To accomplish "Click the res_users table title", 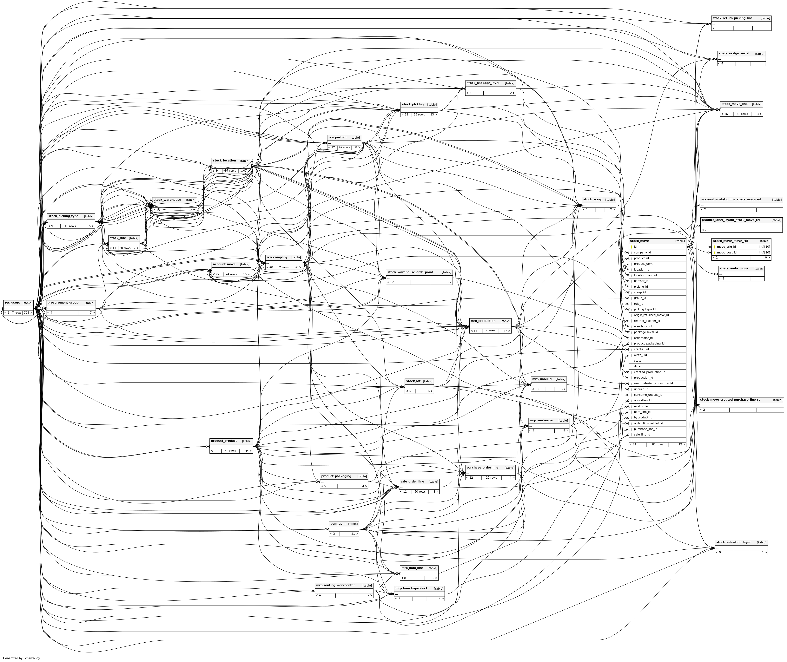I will [x=12, y=303].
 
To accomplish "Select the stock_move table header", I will [x=639, y=241].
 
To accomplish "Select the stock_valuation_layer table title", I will [x=733, y=542].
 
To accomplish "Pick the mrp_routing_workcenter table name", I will [x=335, y=585].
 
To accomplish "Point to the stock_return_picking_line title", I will [x=732, y=18].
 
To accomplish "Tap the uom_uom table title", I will [x=337, y=523].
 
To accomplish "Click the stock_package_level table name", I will [x=483, y=83].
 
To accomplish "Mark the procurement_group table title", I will [x=63, y=303].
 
